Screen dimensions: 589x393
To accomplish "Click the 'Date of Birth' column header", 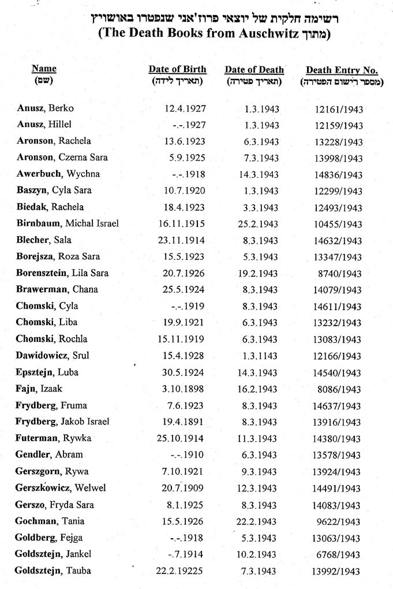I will (177, 70).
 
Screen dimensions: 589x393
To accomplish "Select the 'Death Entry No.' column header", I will (342, 70).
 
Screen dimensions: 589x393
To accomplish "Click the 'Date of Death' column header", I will (254, 70).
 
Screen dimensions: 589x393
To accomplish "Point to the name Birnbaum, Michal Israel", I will (67, 223).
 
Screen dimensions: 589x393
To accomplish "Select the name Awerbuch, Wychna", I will (57, 174).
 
